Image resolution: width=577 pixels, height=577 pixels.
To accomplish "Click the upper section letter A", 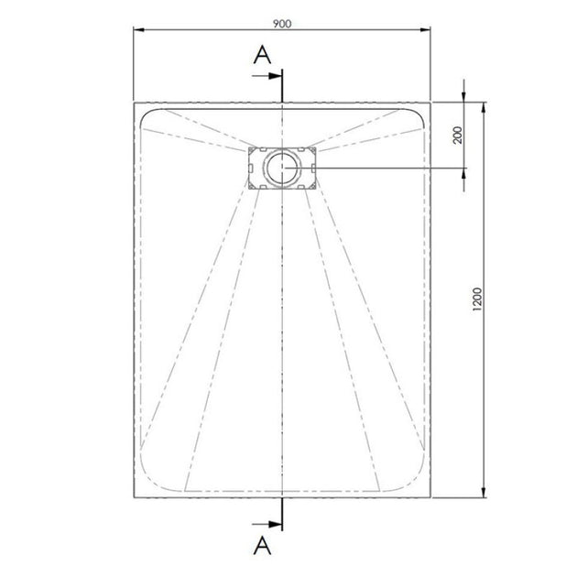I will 262,55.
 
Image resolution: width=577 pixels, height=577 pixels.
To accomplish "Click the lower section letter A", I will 262,546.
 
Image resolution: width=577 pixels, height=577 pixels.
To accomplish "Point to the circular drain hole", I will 283,168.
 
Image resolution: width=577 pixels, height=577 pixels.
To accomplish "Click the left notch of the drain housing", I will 248,168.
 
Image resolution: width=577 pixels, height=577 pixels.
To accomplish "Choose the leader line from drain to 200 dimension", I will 385,168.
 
